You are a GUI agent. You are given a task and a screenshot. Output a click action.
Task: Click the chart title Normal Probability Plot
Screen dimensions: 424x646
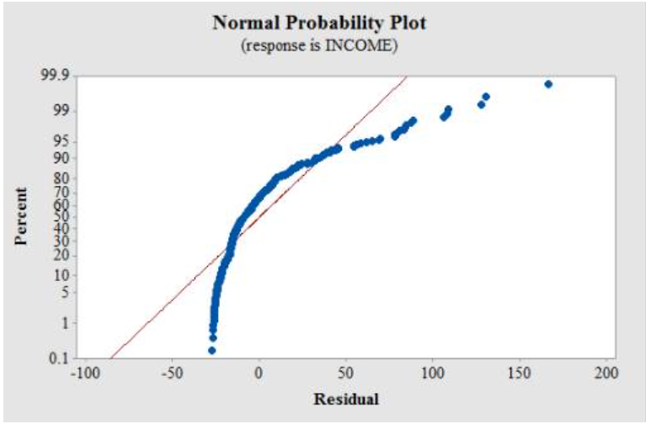319,23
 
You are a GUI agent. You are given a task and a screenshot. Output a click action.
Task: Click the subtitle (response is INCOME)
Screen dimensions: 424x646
319,45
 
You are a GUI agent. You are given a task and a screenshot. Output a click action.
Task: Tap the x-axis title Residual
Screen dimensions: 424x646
345,398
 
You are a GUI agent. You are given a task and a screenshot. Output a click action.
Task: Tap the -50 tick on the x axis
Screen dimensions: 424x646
172,372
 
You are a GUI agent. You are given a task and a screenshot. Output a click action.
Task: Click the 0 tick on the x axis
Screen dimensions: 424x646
259,372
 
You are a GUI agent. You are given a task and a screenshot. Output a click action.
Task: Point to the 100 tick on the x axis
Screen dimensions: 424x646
433,372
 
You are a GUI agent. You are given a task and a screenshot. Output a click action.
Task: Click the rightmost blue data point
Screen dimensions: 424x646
548,84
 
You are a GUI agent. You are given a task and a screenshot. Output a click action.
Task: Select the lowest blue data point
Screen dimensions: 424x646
211,350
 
